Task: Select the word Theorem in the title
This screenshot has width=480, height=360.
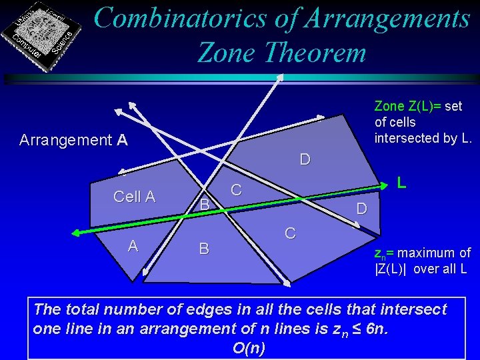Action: [311, 51]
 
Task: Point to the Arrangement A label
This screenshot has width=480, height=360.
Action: [73, 140]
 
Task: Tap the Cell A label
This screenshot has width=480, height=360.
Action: [134, 197]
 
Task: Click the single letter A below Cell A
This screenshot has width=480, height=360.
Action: [133, 246]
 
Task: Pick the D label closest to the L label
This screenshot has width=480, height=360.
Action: [361, 209]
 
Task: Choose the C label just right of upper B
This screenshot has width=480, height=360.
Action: [236, 190]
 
